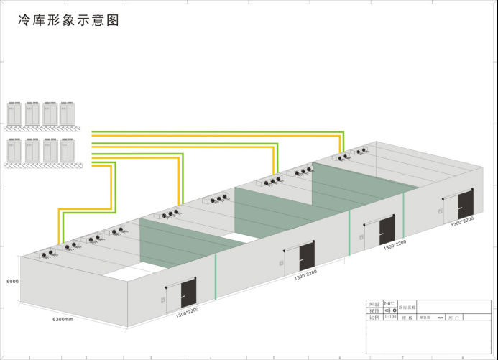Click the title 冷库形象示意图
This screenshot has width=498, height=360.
click(68, 20)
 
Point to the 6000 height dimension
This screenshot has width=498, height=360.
click(11, 282)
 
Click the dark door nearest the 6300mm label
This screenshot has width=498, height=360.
click(189, 290)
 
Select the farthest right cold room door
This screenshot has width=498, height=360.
click(465, 205)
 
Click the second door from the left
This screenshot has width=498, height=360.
click(306, 256)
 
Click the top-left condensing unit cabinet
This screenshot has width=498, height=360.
click(15, 112)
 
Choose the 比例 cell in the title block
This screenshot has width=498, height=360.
click(373, 317)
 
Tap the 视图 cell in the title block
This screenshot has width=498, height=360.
click(373, 310)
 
